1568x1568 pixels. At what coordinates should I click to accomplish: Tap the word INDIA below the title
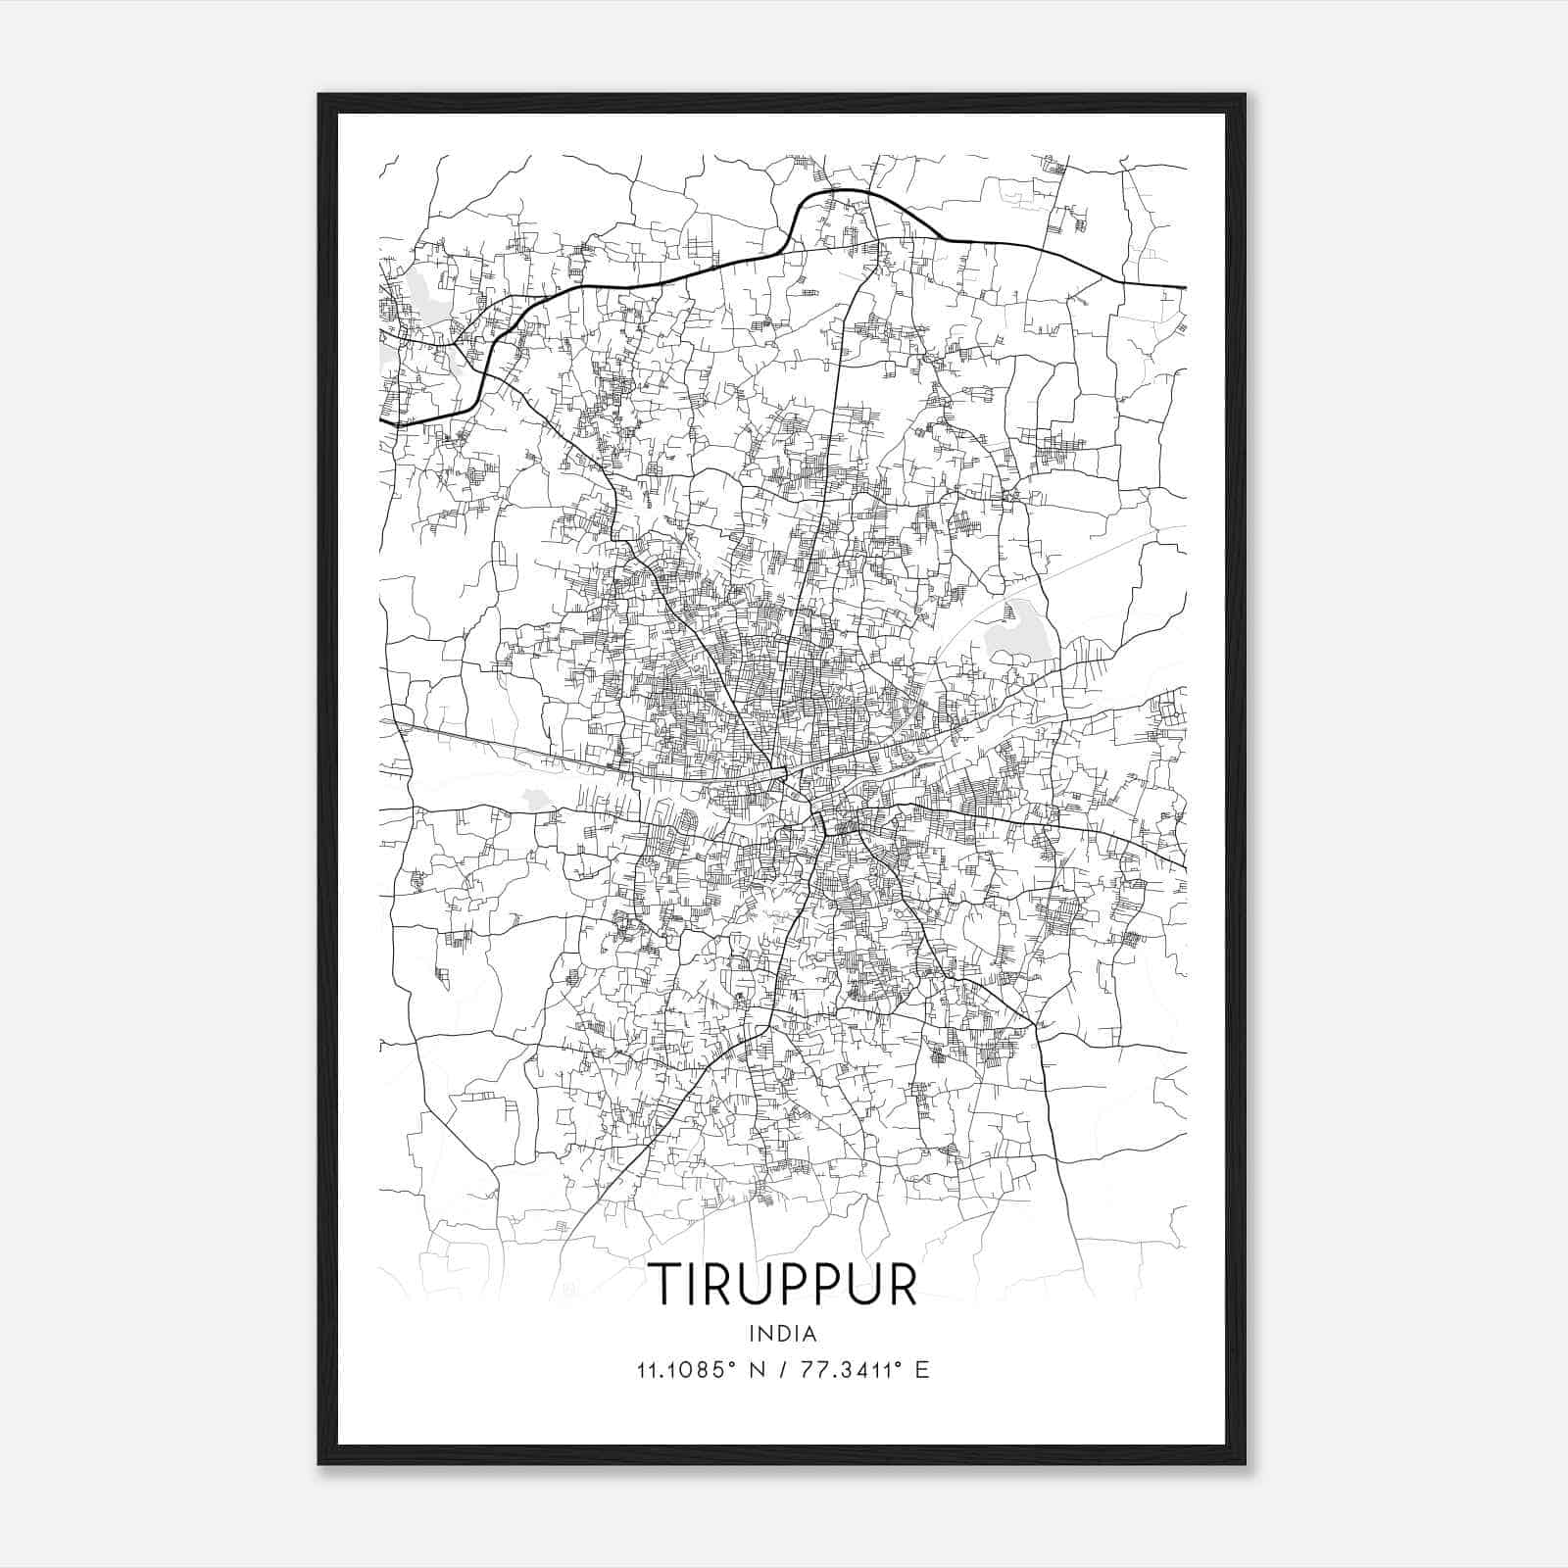coord(782,1334)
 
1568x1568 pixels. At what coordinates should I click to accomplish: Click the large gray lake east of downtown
coord(1019,632)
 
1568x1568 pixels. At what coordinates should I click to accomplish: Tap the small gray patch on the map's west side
coord(536,798)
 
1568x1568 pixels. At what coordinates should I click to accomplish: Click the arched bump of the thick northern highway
coord(843,193)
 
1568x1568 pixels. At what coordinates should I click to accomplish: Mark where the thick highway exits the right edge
coord(1185,287)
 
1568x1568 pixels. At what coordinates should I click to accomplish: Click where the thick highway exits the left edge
coord(381,422)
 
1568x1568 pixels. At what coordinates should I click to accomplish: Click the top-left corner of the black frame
coord(319,95)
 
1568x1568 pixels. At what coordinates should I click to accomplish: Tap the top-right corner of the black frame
coord(1245,95)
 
